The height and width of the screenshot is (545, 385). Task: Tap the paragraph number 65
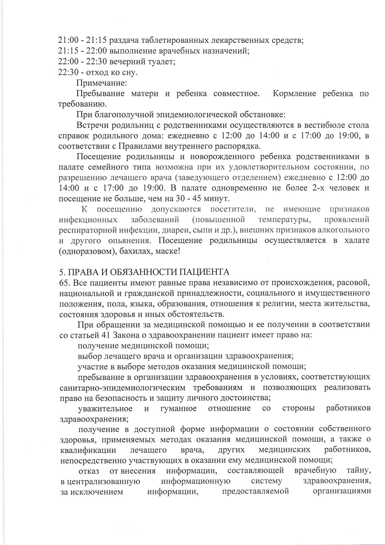(x=64, y=283)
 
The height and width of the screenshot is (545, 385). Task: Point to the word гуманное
(x=178, y=408)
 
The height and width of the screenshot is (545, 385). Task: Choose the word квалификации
(x=88, y=450)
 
